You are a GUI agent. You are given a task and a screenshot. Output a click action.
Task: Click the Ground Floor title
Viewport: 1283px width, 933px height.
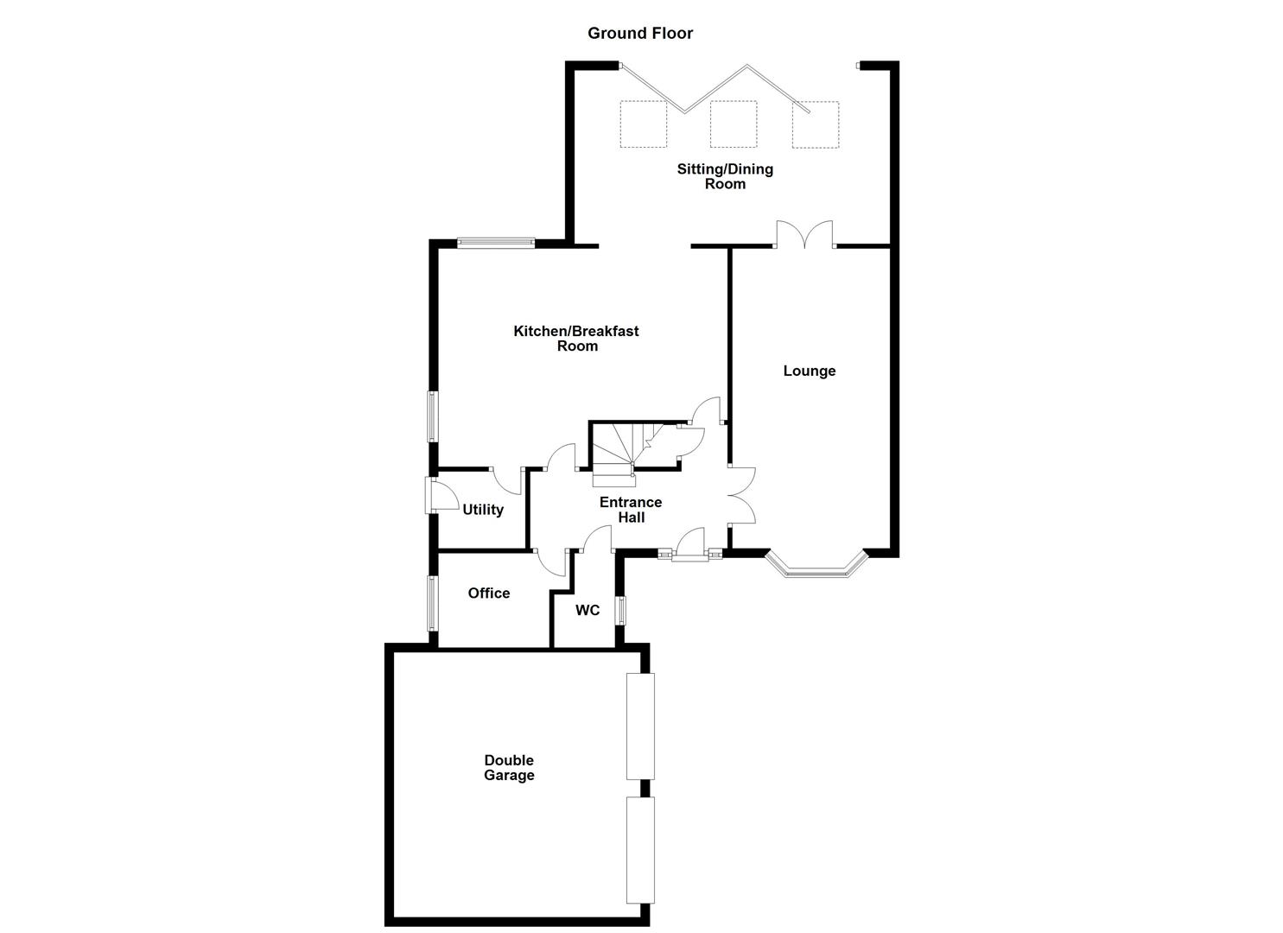tap(640, 33)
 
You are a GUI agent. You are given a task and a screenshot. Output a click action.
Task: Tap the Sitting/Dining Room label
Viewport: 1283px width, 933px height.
tap(724, 176)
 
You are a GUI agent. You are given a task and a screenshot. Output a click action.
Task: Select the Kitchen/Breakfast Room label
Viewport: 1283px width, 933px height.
tap(576, 338)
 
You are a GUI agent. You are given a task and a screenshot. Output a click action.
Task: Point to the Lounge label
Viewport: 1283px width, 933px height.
tap(810, 371)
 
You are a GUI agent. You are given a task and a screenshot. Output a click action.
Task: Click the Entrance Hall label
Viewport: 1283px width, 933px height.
tap(631, 510)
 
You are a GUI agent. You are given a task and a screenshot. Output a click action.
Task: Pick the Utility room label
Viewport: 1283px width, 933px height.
tap(483, 510)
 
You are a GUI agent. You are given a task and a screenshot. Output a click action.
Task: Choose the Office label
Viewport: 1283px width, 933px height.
tap(489, 593)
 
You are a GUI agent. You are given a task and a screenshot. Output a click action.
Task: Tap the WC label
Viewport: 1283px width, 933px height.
tap(588, 610)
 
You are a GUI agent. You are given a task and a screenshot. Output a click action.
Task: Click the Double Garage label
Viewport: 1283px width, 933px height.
tap(509, 768)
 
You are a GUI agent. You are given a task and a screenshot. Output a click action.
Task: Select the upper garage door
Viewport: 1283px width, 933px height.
tap(640, 726)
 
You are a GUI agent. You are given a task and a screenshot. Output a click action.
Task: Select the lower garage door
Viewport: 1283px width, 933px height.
tap(640, 849)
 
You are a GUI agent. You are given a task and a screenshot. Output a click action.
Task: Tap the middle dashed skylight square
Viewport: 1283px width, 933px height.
tap(733, 124)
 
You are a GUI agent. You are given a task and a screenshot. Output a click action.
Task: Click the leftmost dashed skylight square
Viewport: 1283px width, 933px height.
tap(643, 124)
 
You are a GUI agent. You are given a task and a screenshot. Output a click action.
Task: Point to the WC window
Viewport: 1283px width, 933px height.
tap(619, 610)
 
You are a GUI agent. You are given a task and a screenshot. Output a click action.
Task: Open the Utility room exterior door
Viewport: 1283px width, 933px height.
tap(429, 495)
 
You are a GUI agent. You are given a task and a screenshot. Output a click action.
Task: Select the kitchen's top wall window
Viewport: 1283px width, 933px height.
tap(495, 243)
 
